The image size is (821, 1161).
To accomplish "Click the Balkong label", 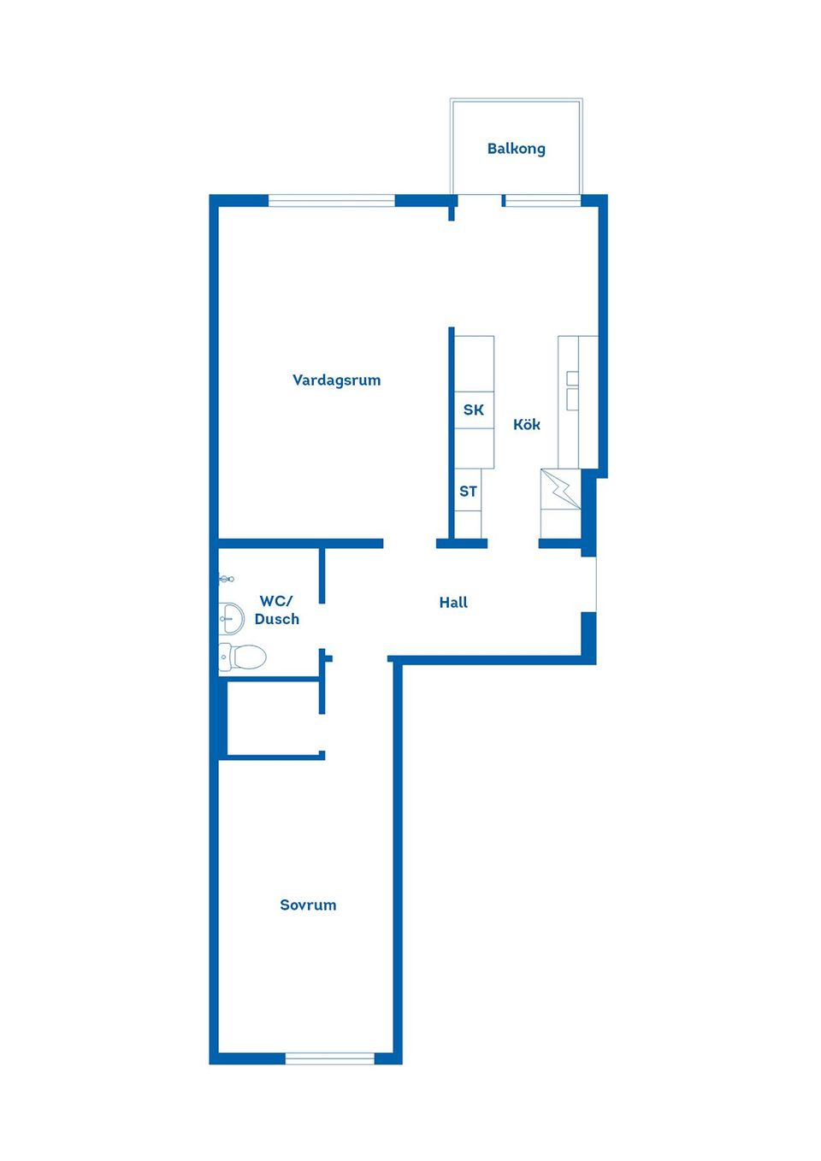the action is pos(516,150).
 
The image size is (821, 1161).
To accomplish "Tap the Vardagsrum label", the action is pos(336,380).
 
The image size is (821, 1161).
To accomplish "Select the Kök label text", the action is pos(527,425).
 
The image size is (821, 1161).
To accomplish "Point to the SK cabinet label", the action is pos(473,410).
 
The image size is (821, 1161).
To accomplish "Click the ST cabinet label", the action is pos(468,492).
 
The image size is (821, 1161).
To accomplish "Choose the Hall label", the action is pos(453,602).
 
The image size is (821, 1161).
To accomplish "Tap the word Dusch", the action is pos(277,619).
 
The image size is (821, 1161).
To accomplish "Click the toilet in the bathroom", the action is pos(243,657).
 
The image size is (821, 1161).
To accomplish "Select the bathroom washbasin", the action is pos(231,618).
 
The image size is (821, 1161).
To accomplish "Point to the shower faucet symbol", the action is pos(227,579).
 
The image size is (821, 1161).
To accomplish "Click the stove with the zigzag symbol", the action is pos(560,488).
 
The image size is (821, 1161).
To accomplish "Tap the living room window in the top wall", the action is pos(332,201).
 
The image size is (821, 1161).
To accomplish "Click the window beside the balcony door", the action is pos(543,201).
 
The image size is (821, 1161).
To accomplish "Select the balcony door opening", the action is pos(480,201).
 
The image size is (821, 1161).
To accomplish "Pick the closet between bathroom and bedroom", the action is pos(273,718).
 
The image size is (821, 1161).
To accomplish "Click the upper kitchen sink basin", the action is pos(572,379).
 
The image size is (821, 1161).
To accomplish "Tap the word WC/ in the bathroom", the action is pos(276,601).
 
